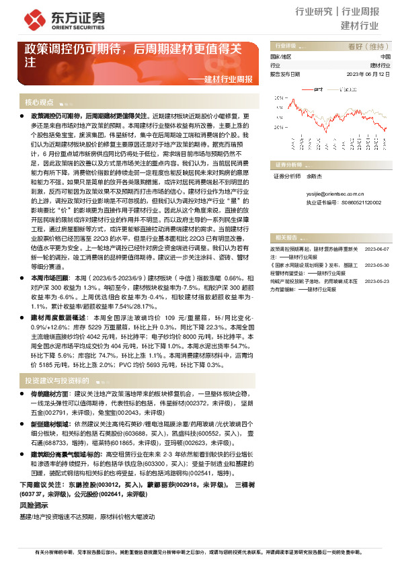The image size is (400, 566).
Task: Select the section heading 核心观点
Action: click(39, 103)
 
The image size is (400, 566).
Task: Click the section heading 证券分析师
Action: click(290, 163)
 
